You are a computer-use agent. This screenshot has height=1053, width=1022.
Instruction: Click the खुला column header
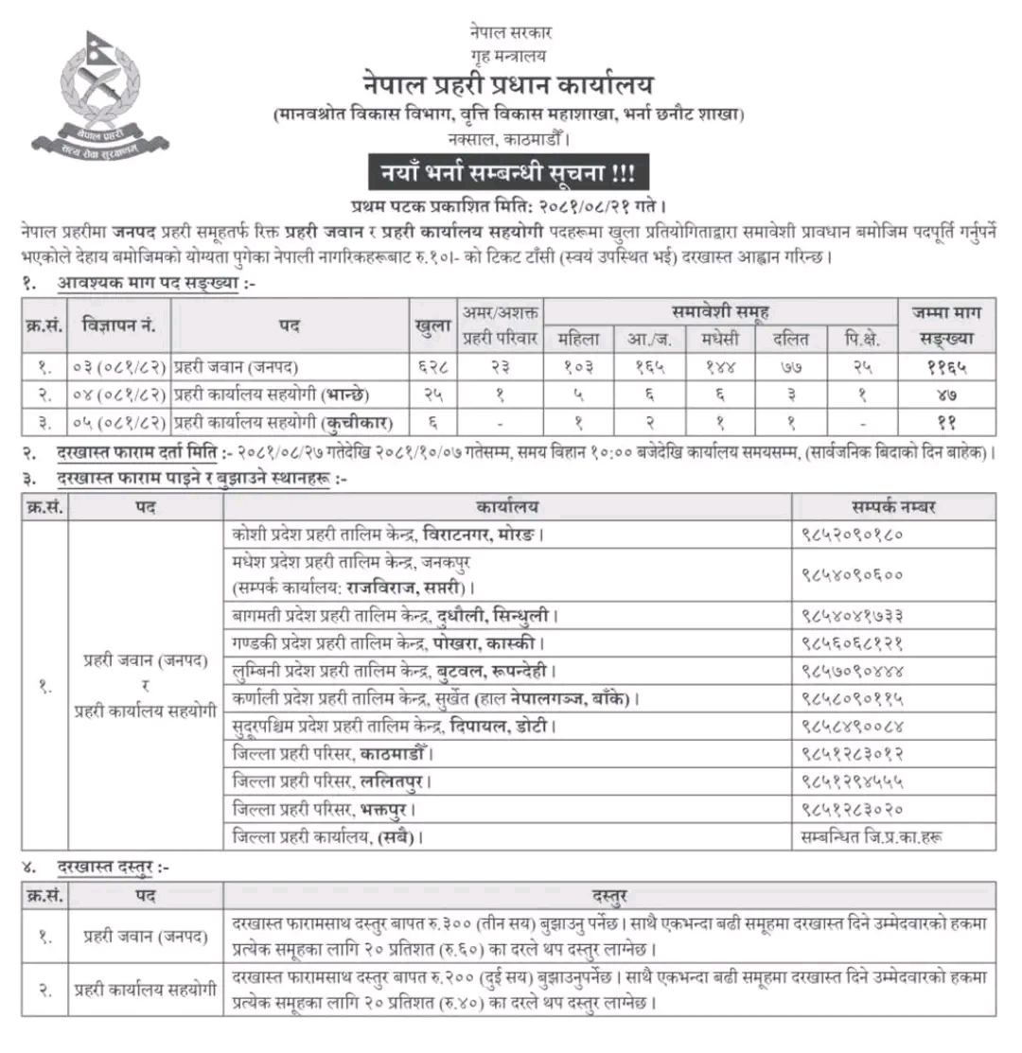coord(432,325)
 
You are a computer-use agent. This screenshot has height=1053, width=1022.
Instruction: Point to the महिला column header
coord(579,339)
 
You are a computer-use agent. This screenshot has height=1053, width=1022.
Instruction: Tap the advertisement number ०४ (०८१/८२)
coord(119,391)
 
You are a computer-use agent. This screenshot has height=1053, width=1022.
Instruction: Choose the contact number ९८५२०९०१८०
coord(852,535)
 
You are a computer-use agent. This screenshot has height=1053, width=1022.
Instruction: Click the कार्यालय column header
coord(508,507)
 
